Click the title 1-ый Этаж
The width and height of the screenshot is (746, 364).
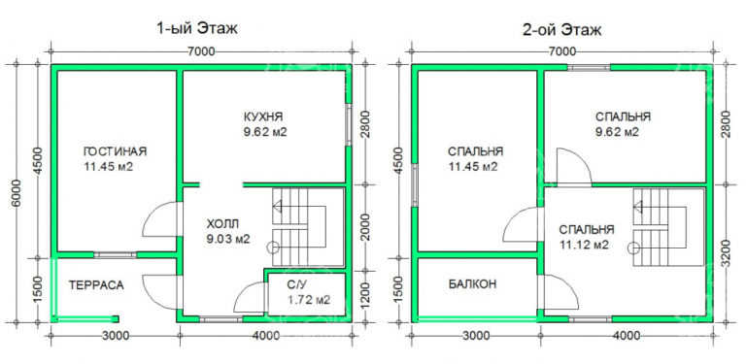click(196, 29)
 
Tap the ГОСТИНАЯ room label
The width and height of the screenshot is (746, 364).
click(115, 150)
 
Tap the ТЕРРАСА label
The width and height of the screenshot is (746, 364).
click(95, 286)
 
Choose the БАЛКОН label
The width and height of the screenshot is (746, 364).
click(473, 285)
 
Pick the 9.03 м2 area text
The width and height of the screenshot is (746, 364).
click(228, 238)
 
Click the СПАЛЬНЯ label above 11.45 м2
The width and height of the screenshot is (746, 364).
click(475, 151)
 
